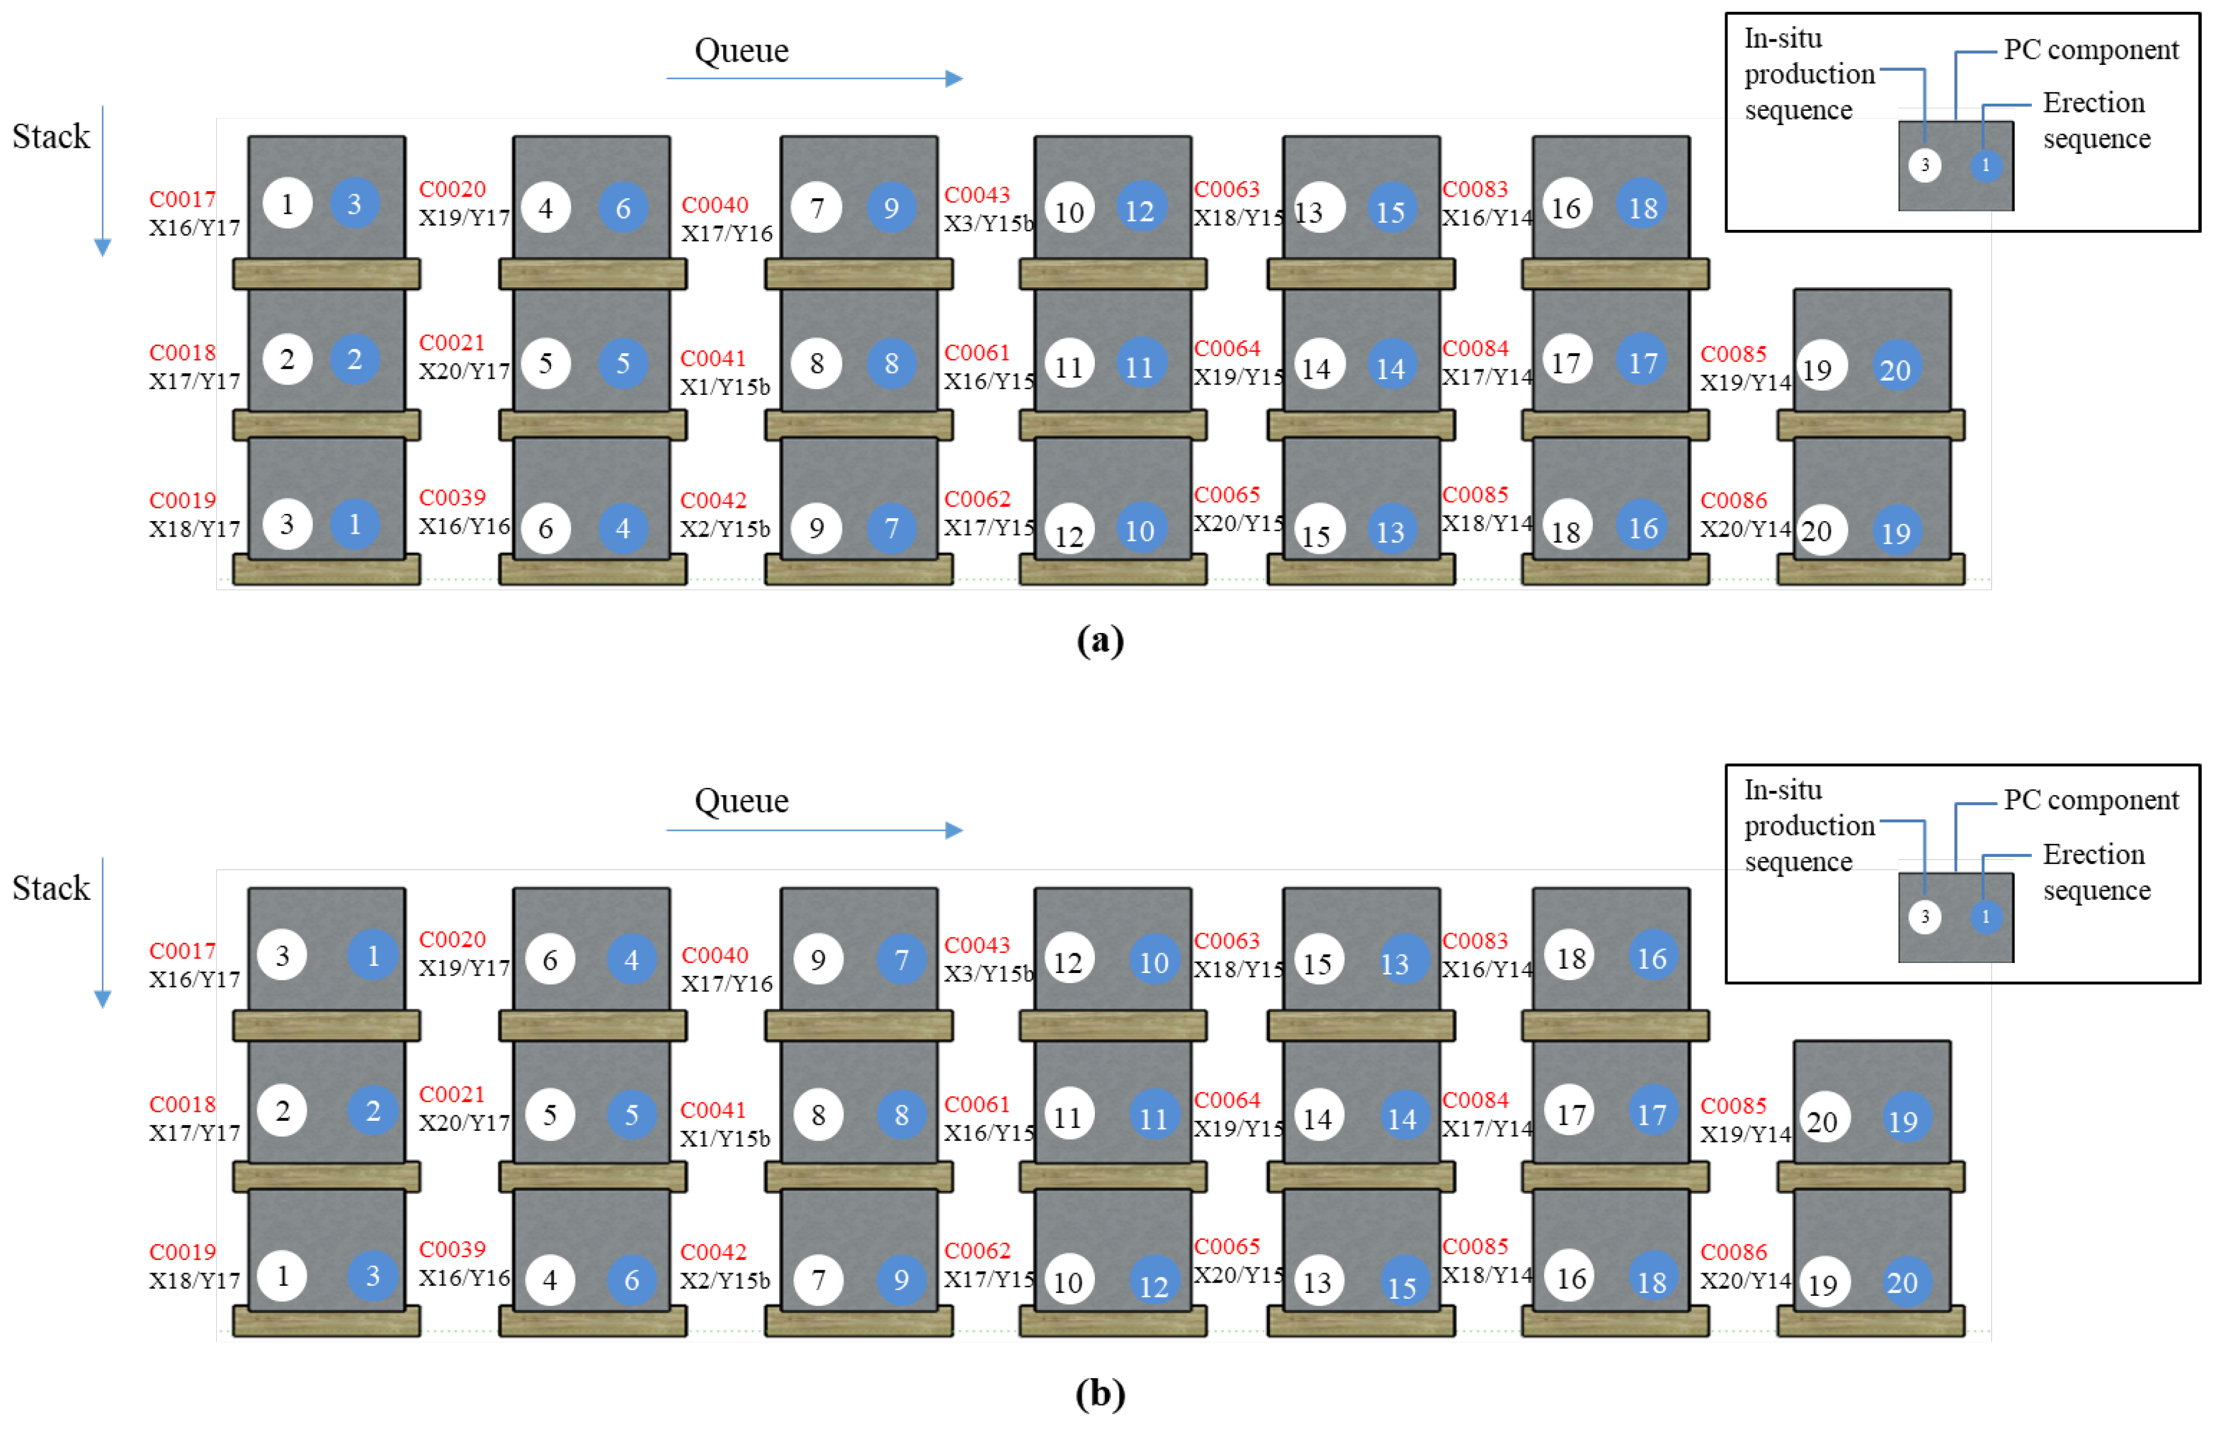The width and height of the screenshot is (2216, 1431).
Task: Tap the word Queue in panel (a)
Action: (741, 50)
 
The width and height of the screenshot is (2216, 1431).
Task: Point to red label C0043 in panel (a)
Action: (976, 194)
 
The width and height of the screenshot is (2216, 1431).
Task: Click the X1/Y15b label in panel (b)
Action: (724, 1138)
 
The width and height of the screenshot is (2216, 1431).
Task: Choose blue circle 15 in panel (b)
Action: (1402, 1286)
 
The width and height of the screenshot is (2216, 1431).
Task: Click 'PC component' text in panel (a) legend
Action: (2090, 49)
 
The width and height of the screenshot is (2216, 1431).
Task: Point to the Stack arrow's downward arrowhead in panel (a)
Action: (103, 247)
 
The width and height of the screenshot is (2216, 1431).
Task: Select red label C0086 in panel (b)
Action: (1733, 1252)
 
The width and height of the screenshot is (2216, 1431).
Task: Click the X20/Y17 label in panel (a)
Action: (464, 371)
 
